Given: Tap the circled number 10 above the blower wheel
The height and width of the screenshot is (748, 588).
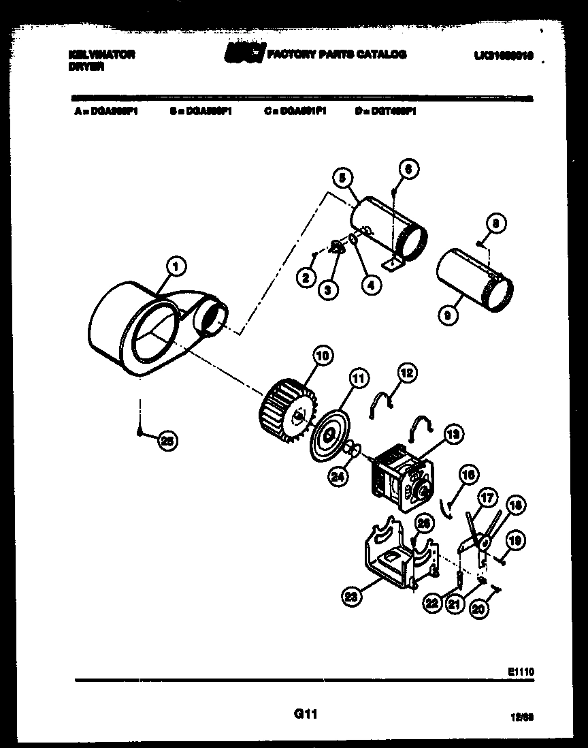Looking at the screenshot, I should (x=322, y=354).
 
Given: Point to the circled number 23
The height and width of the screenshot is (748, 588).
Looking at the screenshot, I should (x=350, y=597).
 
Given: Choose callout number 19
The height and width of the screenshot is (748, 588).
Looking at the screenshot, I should (x=515, y=541).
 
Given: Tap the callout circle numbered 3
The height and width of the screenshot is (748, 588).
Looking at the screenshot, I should (x=328, y=290).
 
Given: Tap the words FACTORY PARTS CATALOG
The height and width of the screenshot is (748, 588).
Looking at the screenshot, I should (x=337, y=54).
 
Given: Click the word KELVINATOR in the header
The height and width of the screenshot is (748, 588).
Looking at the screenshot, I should (x=102, y=54).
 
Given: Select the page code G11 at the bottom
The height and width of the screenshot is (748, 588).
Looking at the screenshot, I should (x=306, y=714).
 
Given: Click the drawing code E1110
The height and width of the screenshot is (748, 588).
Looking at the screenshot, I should (x=521, y=671).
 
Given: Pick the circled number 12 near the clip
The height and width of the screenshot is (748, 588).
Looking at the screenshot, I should (x=407, y=373).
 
